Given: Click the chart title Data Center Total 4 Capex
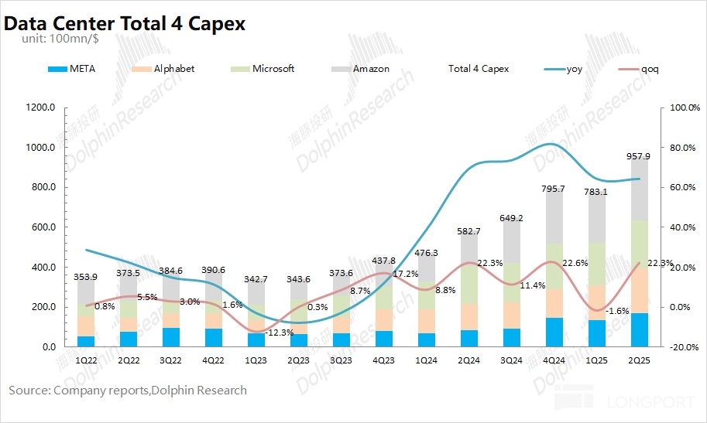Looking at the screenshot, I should point(125,23).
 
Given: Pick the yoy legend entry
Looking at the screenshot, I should point(574,69).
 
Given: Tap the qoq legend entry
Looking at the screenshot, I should point(650,69).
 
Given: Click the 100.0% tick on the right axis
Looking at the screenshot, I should point(684,108).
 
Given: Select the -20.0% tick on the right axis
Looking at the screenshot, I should point(684,347).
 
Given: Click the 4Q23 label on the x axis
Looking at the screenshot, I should point(383,360).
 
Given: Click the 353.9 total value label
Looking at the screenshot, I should point(86,277).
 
